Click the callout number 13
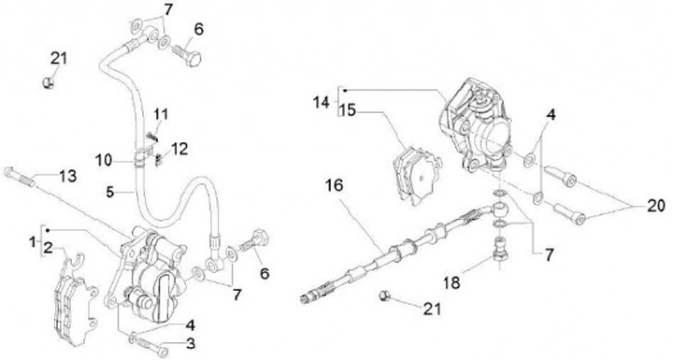pos(68,176)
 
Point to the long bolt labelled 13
pos(20,177)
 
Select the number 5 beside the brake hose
pos(110,192)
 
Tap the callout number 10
pos(104,161)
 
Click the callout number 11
pos(161,115)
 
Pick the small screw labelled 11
pos(152,136)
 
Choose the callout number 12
pos(179,149)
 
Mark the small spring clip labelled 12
pos(158,159)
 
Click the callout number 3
pos(191,344)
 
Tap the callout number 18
pos(451,282)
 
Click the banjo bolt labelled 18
pos(500,249)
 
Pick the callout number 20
pos(655,207)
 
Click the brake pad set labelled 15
pos(416,175)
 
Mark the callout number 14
pos(321,103)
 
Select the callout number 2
pos(48,249)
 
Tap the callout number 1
pos(33,243)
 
